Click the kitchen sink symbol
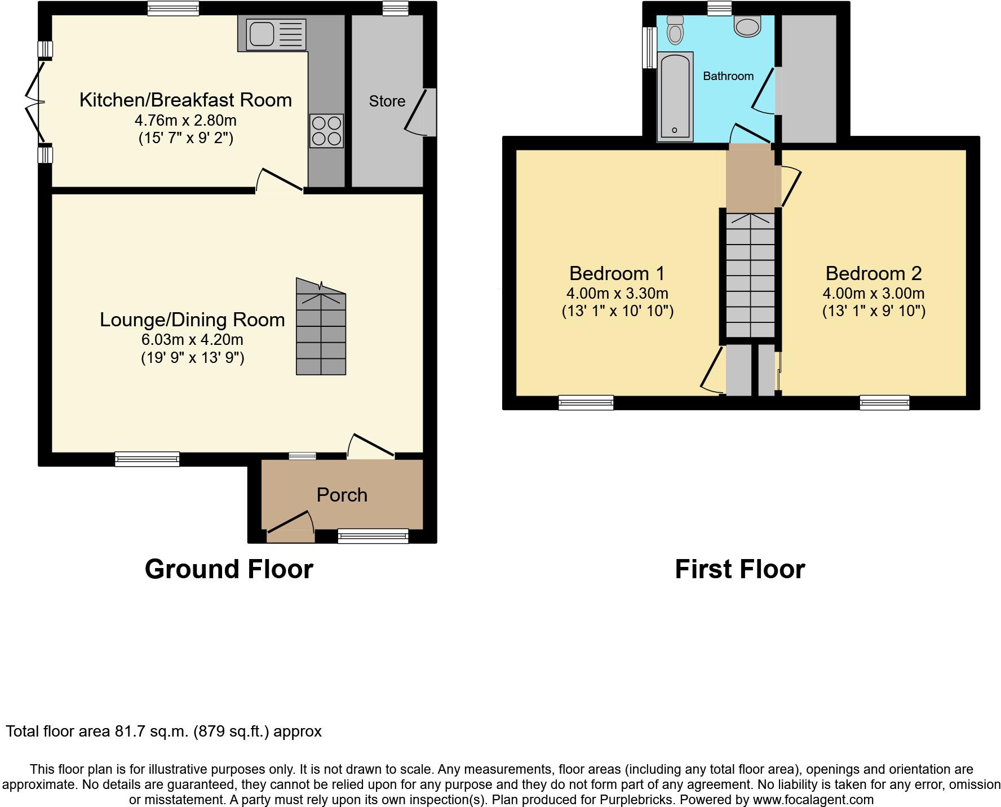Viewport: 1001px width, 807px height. (x=276, y=34)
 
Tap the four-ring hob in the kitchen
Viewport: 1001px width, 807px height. (x=326, y=131)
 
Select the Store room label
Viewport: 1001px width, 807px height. (x=387, y=101)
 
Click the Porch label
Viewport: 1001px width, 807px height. (x=342, y=495)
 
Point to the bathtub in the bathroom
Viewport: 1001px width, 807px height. (x=675, y=96)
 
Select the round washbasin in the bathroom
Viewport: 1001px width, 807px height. (x=748, y=26)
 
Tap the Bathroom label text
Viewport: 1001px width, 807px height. (x=728, y=76)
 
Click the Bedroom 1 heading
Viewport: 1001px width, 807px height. (x=617, y=273)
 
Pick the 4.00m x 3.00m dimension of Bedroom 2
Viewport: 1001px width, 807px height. (x=873, y=293)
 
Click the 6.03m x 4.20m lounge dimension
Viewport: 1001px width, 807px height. (x=192, y=339)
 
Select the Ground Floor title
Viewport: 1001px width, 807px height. (x=229, y=569)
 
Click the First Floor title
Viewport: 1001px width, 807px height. (x=739, y=569)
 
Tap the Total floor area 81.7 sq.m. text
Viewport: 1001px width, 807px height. (x=163, y=731)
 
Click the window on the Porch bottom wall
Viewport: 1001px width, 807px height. (x=373, y=536)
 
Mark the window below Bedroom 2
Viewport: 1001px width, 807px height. (x=884, y=402)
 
